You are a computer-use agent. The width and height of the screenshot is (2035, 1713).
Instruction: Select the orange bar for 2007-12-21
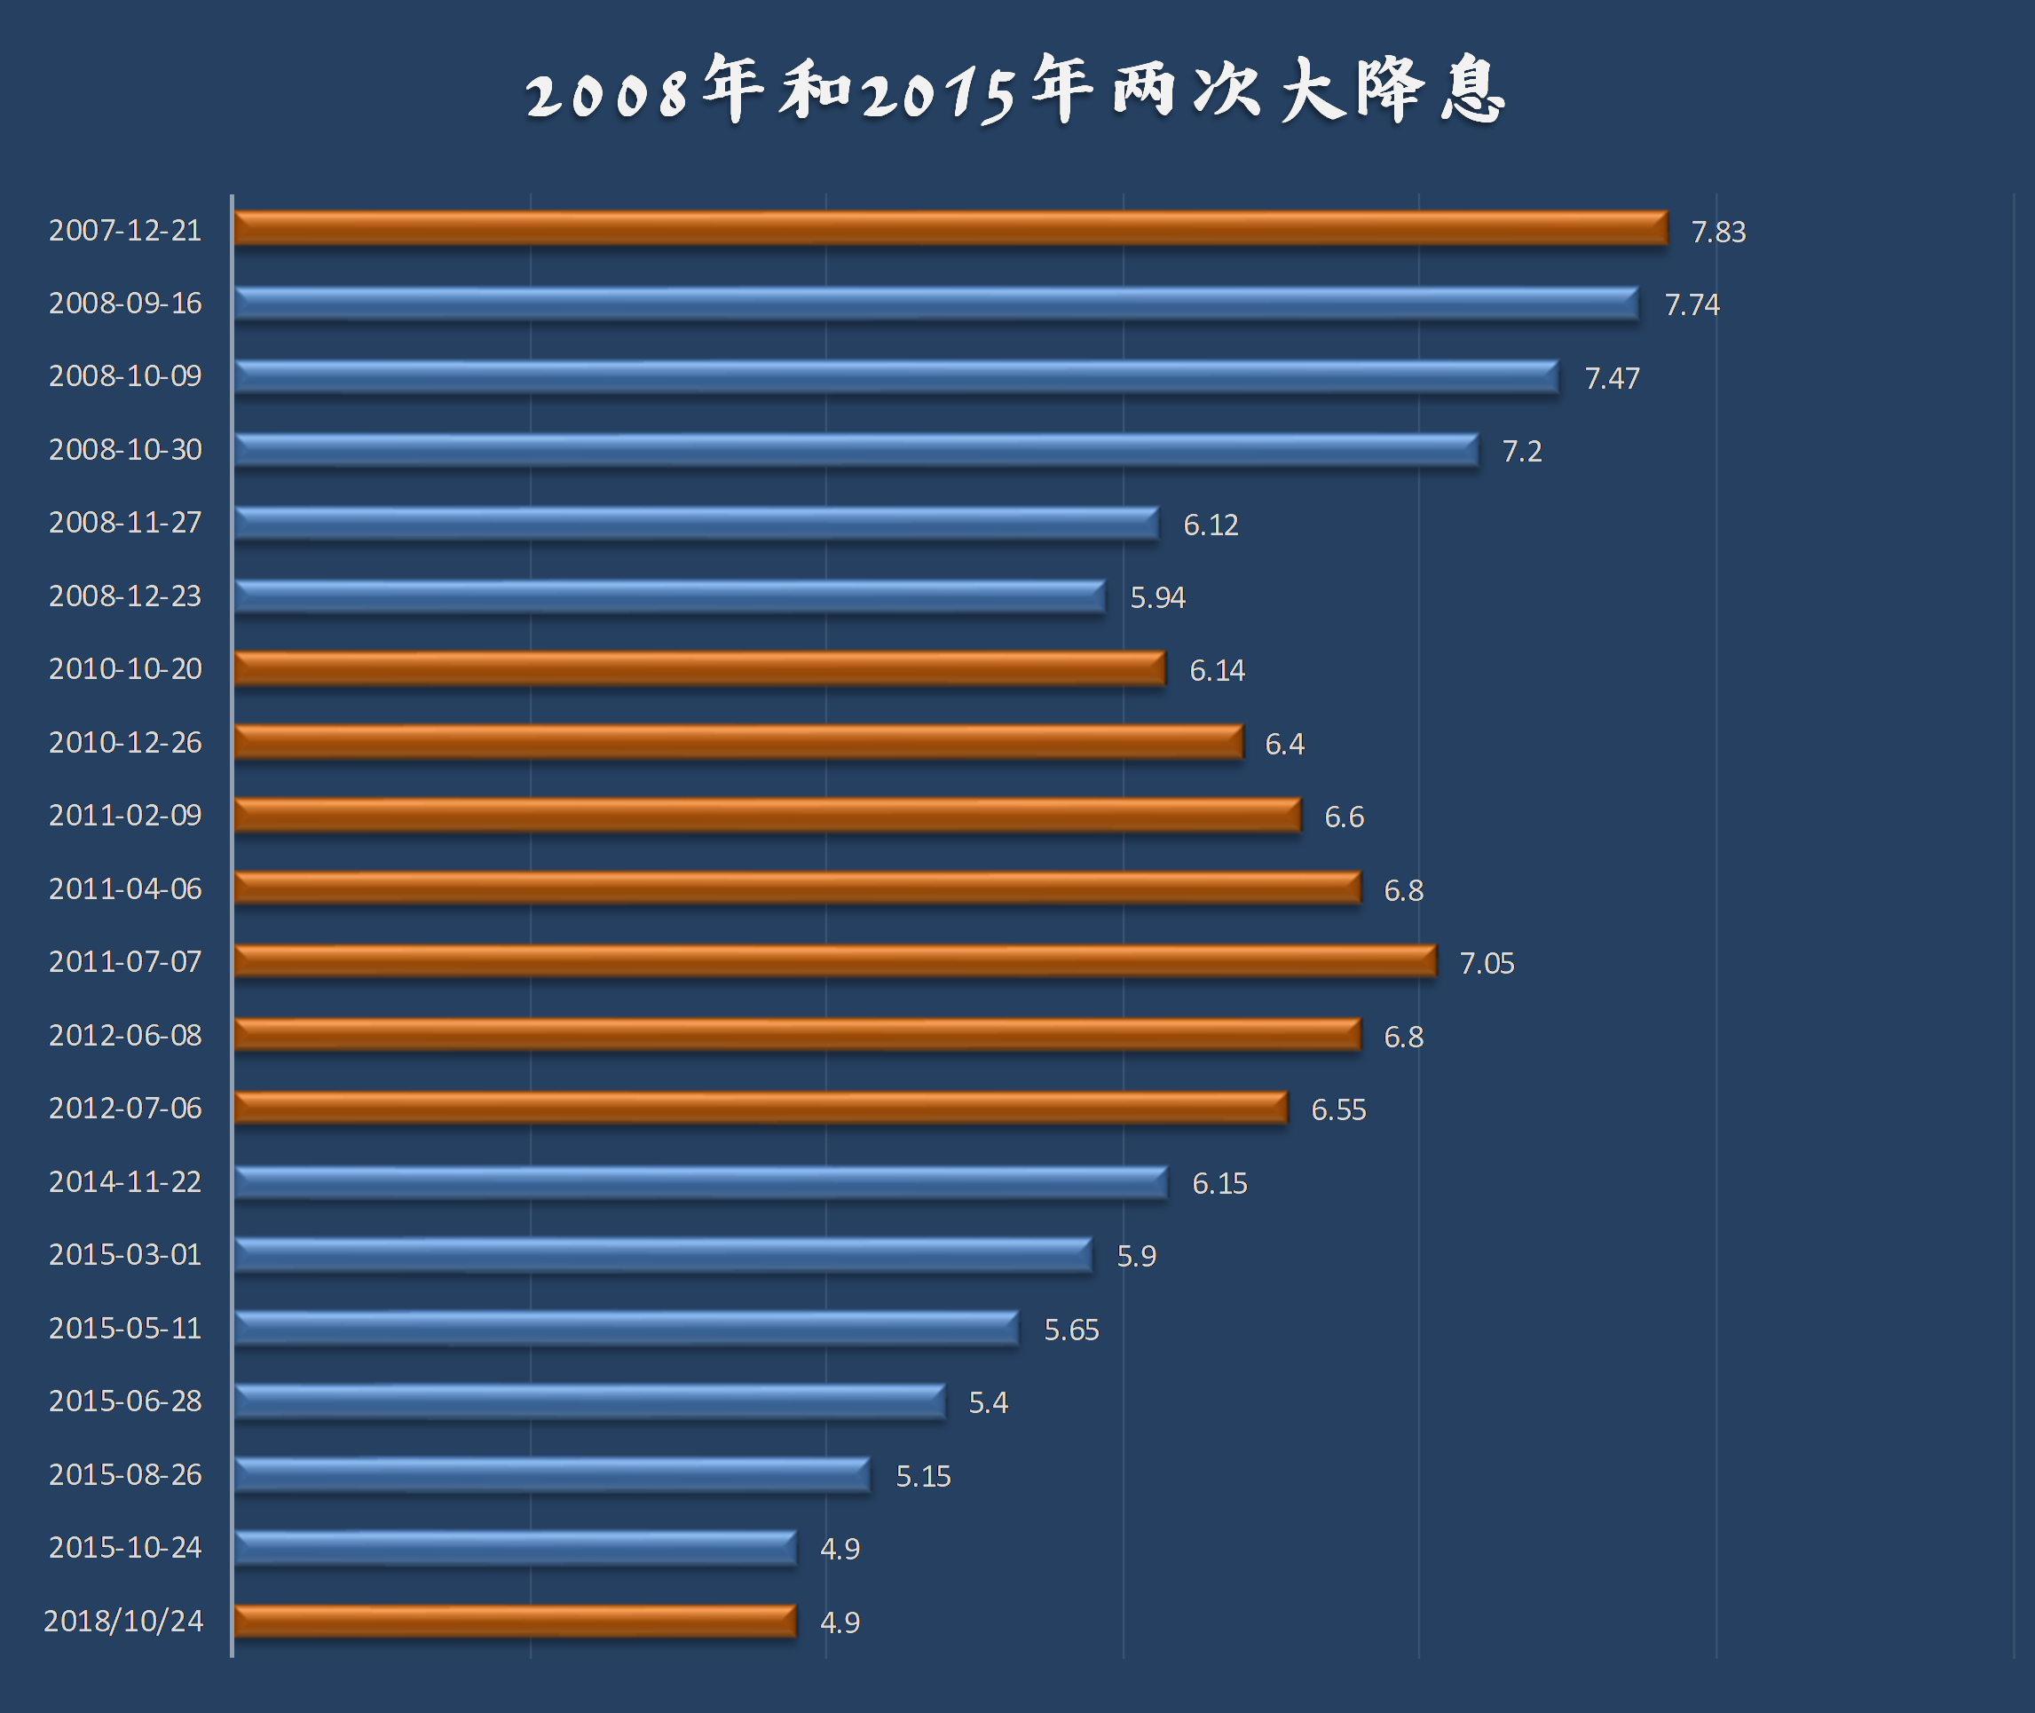tap(950, 228)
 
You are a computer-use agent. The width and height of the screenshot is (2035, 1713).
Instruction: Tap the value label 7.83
tap(1717, 232)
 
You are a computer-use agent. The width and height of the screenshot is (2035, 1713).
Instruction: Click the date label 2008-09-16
tap(125, 303)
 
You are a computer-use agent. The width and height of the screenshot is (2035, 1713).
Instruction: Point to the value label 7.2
tap(1521, 452)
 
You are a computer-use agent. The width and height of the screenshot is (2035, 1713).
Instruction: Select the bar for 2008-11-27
tap(695, 524)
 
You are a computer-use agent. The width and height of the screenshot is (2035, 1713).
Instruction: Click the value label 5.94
tap(1157, 597)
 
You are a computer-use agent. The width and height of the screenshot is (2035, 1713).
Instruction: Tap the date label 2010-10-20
tap(125, 669)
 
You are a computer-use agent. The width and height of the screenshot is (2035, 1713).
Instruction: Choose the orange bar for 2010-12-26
tap(737, 742)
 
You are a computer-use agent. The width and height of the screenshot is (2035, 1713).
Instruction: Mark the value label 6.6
tap(1344, 817)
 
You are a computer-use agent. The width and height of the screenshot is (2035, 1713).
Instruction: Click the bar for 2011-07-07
tap(834, 961)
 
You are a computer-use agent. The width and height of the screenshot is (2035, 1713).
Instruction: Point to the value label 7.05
tap(1487, 963)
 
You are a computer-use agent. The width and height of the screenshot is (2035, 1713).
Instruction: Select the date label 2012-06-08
tap(125, 1035)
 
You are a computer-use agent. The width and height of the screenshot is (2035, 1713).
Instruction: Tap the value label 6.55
tap(1338, 1109)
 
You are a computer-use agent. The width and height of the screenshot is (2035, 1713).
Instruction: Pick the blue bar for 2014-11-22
tap(700, 1182)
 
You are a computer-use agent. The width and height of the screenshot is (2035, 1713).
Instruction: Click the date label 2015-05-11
tap(125, 1328)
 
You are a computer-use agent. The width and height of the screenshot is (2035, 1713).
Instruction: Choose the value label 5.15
tap(922, 1476)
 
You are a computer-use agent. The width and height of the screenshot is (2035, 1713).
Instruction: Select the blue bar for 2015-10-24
tap(515, 1547)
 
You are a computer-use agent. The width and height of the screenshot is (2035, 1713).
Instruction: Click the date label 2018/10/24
tap(123, 1621)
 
